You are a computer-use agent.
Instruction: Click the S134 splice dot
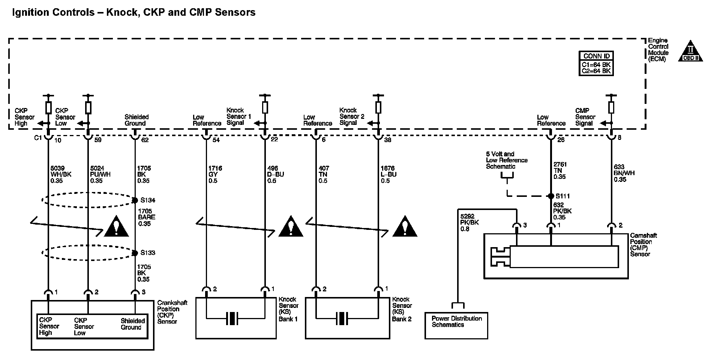point(135,200)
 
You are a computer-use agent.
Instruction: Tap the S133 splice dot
point(135,252)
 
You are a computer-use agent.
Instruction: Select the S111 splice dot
point(550,196)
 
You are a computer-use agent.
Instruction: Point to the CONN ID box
point(597,63)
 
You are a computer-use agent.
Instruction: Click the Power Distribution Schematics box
point(456,325)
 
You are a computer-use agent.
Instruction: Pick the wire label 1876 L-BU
point(388,174)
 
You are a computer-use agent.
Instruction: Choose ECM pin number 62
point(145,140)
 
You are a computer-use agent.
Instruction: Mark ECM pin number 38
point(388,140)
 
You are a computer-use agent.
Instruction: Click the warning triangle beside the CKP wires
point(116,226)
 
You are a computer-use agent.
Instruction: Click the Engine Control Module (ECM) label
point(658,50)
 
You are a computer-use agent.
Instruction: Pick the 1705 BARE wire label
point(146,217)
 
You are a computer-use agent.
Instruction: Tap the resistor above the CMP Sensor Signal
point(611,108)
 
